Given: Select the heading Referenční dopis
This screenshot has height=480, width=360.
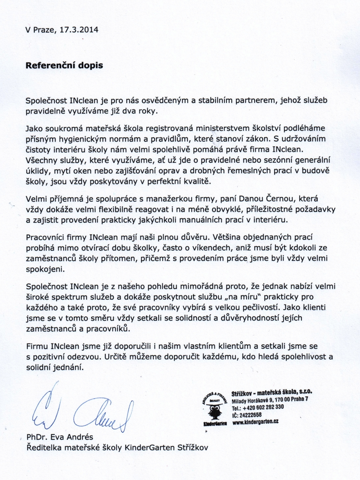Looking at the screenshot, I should click(x=64, y=65).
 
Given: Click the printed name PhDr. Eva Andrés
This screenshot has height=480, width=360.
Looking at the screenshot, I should click(x=60, y=437).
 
